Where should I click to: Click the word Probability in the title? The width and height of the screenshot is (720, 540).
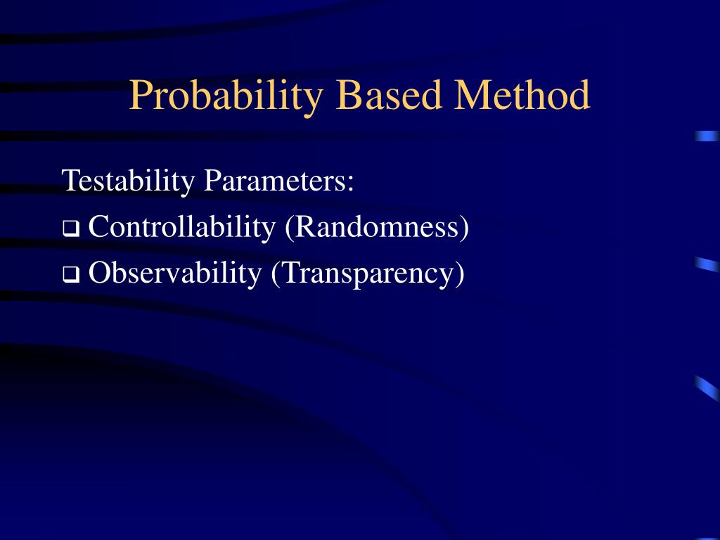coord(226,97)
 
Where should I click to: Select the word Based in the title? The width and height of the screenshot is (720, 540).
coord(389,94)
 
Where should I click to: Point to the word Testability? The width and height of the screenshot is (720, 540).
coord(128,182)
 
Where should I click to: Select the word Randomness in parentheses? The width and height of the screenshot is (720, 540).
coord(377,227)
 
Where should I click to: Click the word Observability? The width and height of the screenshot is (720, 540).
coord(175,274)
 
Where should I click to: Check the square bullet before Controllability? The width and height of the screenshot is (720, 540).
coord(71,229)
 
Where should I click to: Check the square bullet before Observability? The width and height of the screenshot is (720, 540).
coord(71,275)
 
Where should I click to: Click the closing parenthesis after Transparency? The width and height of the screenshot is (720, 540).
coord(459,274)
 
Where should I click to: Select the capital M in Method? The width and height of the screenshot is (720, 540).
coord(472,95)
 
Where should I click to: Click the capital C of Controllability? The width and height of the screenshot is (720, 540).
coord(99,227)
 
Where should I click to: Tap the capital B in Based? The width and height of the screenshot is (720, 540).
coord(349,95)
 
